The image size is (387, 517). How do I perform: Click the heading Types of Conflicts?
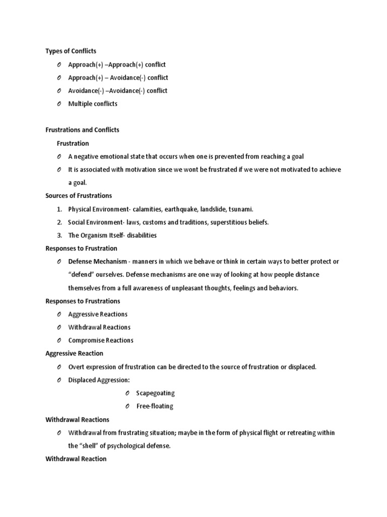tap(71, 51)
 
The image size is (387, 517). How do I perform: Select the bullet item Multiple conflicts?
tap(93, 104)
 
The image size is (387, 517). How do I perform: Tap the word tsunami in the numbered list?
tap(240, 209)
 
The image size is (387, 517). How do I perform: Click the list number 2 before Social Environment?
tap(59, 222)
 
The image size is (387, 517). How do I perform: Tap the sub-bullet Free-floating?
tap(155, 406)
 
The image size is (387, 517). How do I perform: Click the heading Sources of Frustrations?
tap(79, 196)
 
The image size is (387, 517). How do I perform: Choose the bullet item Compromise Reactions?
tap(101, 340)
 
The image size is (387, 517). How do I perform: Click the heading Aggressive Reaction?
tap(74, 353)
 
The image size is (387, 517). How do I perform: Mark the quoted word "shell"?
tap(90, 446)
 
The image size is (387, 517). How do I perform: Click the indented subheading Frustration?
tap(73, 143)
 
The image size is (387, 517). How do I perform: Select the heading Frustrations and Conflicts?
tap(82, 130)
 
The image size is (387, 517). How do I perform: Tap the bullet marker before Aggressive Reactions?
tap(59, 314)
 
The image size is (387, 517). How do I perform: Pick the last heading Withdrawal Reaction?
tap(76, 459)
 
